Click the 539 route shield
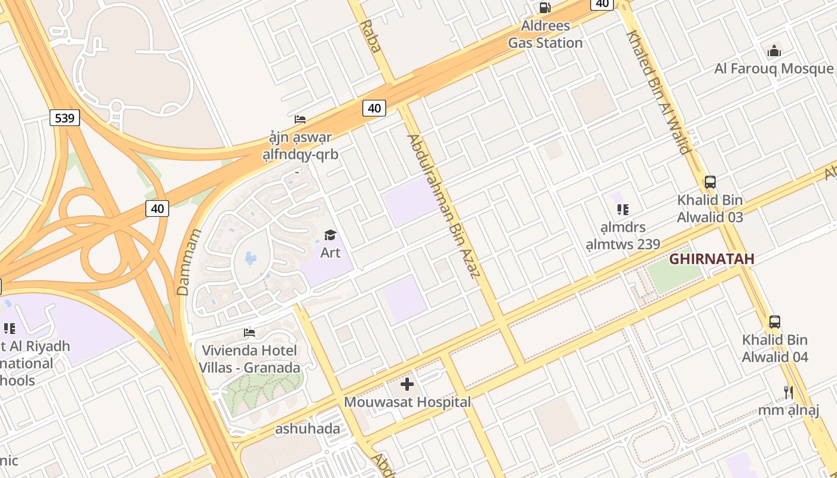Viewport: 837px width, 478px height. [64, 118]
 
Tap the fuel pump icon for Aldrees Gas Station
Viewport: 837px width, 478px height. [545, 8]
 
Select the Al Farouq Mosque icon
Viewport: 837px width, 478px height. [774, 51]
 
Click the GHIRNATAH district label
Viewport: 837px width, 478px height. [711, 259]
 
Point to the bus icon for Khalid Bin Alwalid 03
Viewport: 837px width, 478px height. [710, 182]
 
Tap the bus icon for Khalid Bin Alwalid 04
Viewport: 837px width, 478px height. [774, 322]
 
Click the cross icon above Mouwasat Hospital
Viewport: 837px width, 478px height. [407, 384]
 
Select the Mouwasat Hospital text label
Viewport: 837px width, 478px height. [407, 402]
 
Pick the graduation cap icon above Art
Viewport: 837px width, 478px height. [330, 235]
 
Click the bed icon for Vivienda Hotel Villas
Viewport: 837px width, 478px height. [249, 332]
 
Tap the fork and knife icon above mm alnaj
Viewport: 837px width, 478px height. [788, 392]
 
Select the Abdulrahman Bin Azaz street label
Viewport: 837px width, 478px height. [443, 206]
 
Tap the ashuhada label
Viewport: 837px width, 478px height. [307, 428]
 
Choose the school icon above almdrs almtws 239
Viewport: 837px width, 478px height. [622, 210]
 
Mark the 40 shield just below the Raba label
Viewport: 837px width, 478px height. [374, 108]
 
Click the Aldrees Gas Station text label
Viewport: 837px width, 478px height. [545, 34]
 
